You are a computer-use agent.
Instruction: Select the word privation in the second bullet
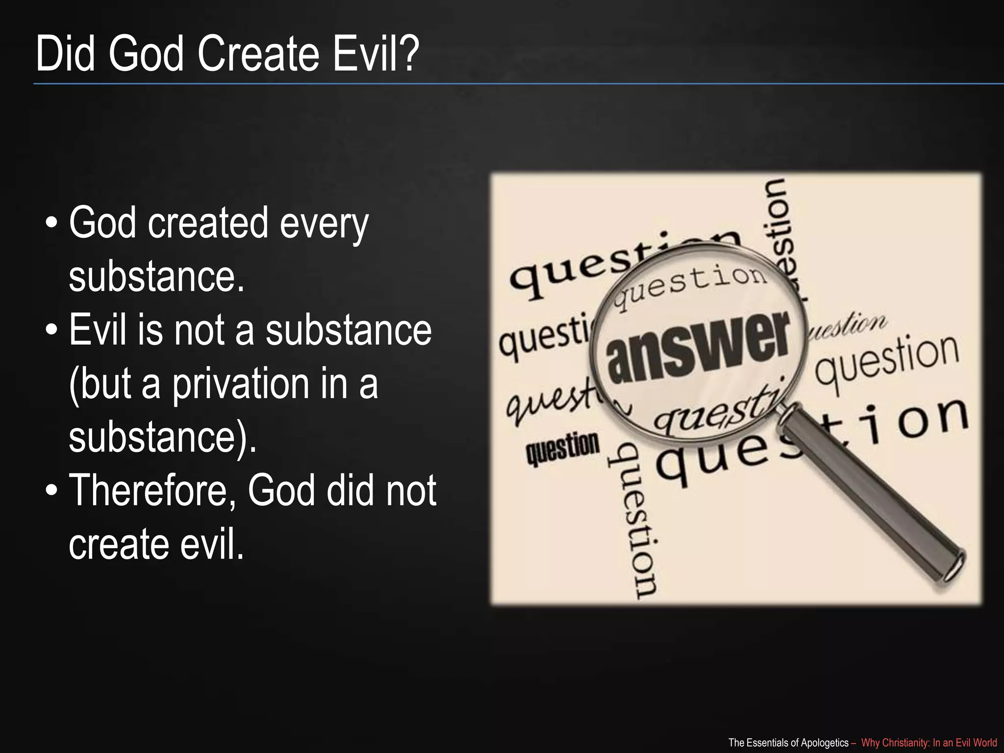[x=241, y=384]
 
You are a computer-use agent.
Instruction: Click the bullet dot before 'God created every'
[x=51, y=224]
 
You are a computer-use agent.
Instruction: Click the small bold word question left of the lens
[x=562, y=448]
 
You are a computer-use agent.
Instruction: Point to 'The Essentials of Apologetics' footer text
[x=788, y=743]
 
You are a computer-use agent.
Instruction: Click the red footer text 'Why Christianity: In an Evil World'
[x=929, y=743]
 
